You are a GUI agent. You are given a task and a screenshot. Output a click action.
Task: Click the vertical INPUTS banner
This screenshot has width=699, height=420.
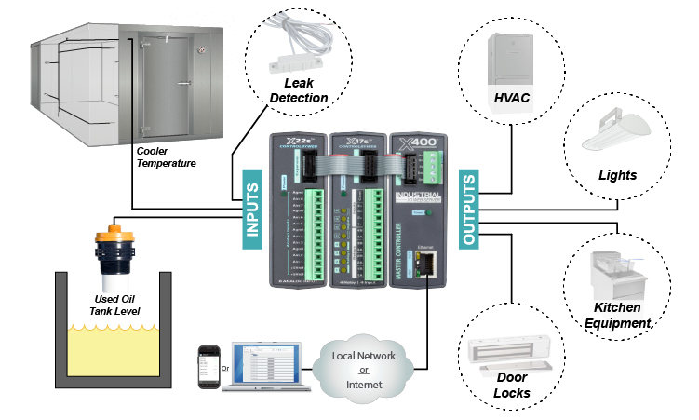251,209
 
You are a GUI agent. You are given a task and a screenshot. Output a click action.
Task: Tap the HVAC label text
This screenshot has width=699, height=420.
513,97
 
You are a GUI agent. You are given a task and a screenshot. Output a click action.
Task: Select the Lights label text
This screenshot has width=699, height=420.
617,175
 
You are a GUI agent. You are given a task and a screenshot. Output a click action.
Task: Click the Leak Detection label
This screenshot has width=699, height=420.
299,91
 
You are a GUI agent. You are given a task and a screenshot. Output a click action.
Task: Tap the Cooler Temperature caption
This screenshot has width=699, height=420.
167,156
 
